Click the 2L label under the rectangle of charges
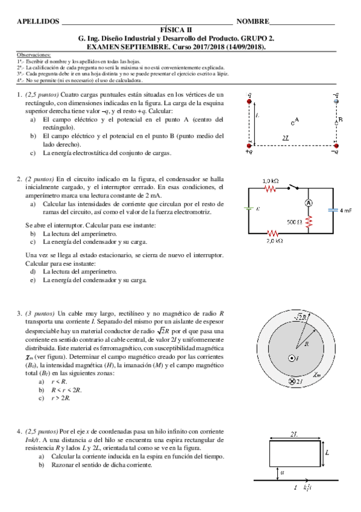293,138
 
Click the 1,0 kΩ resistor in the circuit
269,188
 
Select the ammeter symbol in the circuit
307,203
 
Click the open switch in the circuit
294,187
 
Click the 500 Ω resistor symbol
308,222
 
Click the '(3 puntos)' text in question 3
40,313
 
